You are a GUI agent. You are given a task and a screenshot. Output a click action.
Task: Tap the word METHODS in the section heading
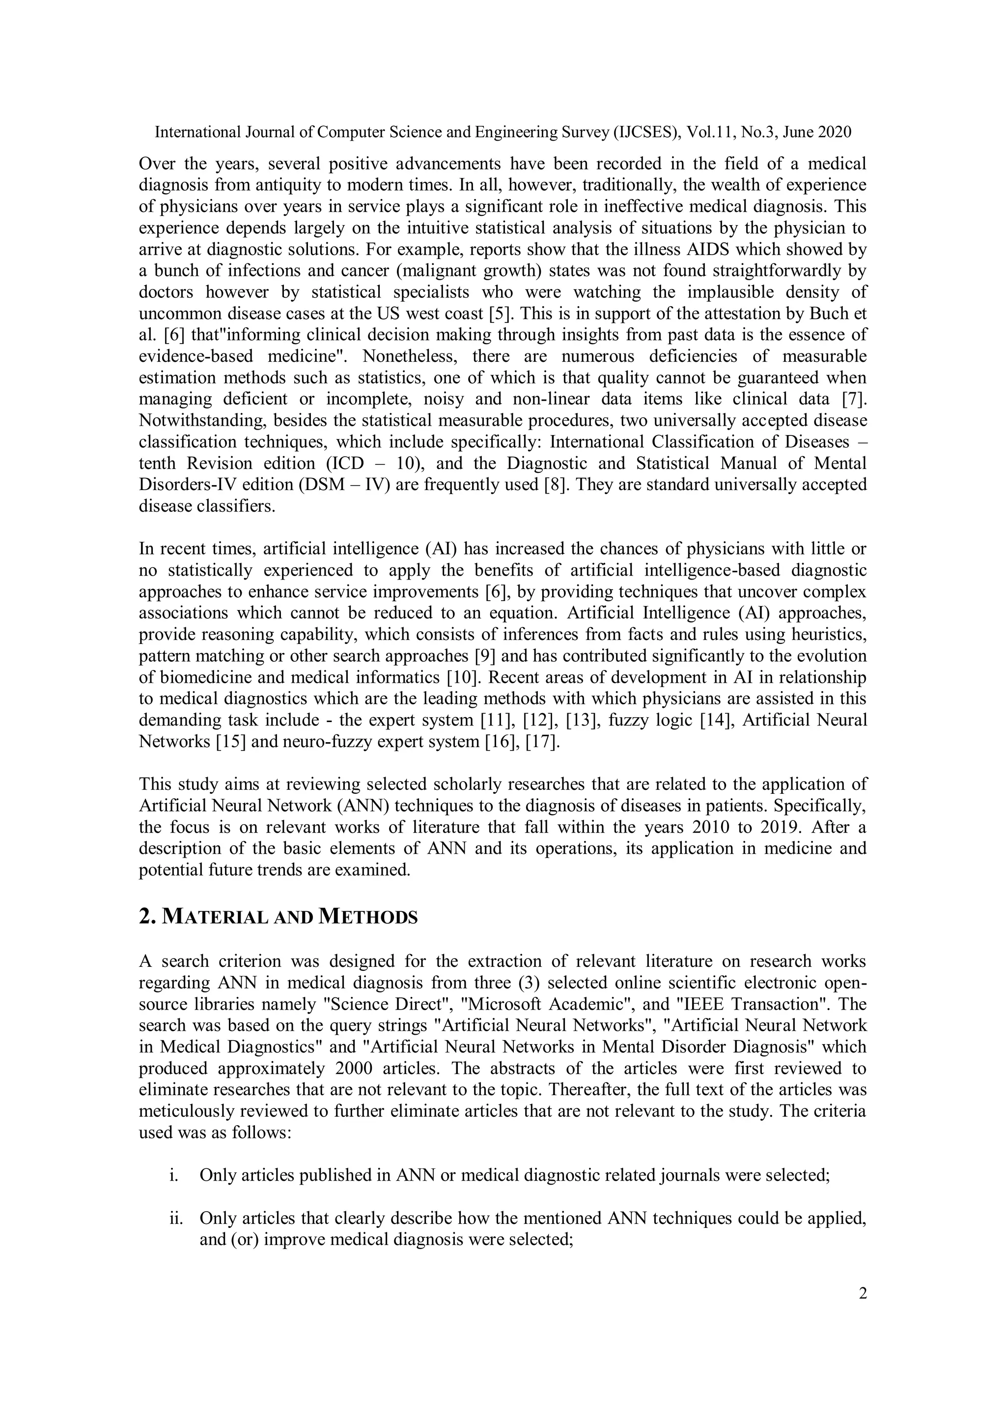[x=367, y=917]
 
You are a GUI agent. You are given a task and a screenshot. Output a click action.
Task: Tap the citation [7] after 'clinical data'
[x=854, y=399]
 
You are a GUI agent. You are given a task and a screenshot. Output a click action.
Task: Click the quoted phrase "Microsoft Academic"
[x=530, y=1004]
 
